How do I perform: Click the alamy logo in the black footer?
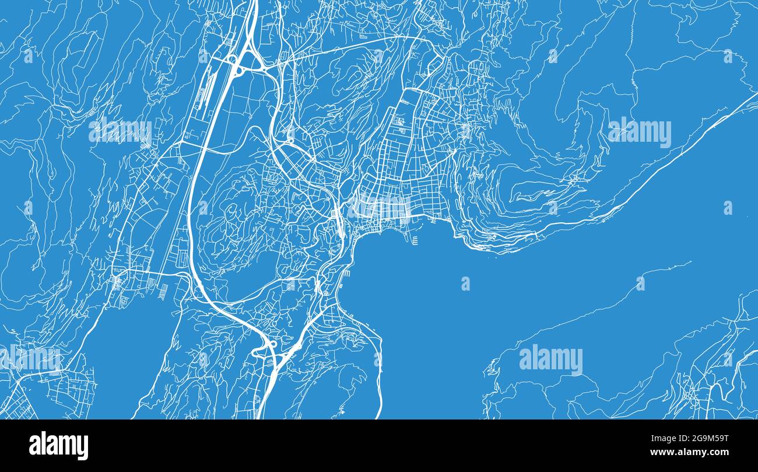[58, 446]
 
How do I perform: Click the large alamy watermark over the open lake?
[550, 359]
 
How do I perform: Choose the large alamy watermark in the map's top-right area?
[639, 132]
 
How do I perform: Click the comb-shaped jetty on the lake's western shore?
[348, 272]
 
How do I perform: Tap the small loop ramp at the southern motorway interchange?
[271, 344]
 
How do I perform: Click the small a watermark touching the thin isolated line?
[640, 283]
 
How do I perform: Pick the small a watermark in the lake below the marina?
[465, 284]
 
